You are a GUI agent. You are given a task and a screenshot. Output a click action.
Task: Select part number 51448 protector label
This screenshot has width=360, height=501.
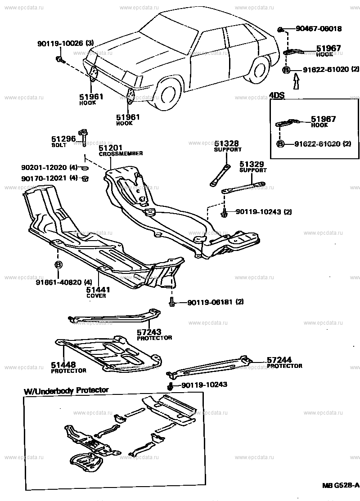tap(63, 365)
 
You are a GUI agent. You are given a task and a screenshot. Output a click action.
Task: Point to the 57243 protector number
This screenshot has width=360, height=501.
tap(148, 332)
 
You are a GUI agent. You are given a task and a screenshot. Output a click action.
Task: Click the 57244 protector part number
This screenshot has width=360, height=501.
tap(279, 360)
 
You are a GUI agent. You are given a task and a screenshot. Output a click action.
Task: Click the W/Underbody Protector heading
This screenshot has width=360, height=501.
tap(66, 390)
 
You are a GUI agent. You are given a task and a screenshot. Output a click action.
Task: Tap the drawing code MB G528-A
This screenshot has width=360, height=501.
tap(341, 485)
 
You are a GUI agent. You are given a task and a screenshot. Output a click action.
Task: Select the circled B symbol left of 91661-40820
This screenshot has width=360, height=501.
tap(58, 264)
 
